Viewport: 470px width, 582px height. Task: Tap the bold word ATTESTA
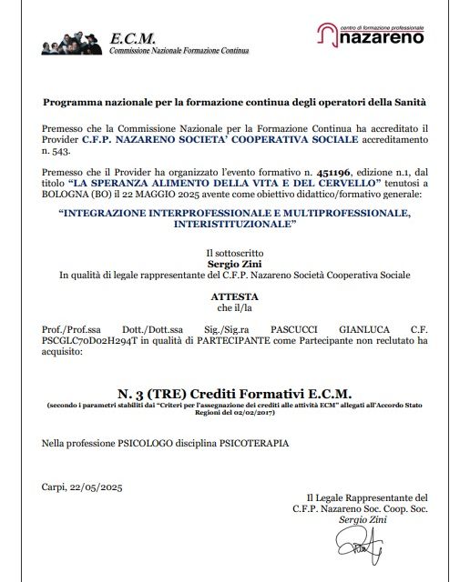coord(234,296)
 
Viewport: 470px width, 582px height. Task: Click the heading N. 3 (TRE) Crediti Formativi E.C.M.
coord(234,392)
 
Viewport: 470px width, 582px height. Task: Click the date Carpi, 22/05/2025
coord(82,487)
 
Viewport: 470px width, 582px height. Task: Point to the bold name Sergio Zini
coord(234,261)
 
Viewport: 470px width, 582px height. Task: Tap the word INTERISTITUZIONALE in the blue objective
coord(234,226)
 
